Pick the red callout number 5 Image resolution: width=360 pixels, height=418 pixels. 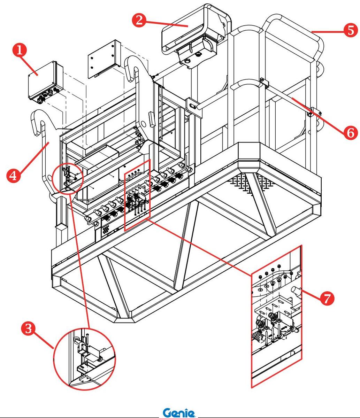pos(350,30)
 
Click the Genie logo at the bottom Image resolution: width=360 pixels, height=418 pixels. pos(179,413)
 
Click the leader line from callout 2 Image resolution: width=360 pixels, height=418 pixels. pos(166,24)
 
